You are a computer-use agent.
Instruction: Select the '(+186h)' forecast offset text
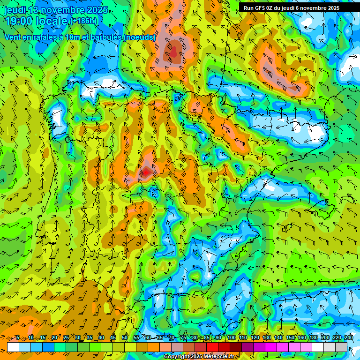83,21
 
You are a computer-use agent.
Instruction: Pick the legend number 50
125,338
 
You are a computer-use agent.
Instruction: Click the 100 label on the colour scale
231,338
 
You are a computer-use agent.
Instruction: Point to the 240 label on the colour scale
349,338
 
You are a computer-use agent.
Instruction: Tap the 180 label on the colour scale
313,338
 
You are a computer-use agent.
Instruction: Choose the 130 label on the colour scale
266,338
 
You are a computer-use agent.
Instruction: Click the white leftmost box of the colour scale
13,347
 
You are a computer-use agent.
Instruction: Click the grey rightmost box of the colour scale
342,347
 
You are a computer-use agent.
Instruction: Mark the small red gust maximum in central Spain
146,172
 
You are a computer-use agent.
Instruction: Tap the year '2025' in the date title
97,10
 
